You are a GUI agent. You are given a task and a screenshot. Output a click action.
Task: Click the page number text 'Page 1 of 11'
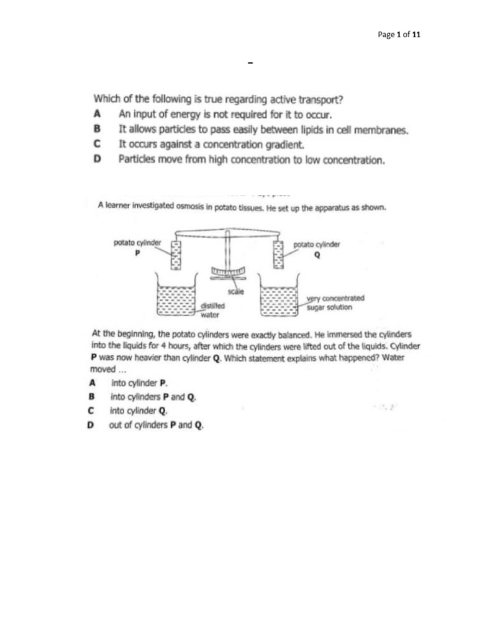(399, 35)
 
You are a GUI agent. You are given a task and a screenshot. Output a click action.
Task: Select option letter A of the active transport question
(97, 114)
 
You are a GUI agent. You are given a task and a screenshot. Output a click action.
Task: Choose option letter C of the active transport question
(97, 145)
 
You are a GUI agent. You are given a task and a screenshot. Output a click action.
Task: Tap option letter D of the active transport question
(97, 160)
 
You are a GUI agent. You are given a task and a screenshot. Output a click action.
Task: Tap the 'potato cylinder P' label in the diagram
(137, 247)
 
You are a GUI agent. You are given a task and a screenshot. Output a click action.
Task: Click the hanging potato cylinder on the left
(175, 255)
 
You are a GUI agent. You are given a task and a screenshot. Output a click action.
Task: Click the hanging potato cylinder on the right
(278, 255)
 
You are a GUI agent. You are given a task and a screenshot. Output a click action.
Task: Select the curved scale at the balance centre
(229, 272)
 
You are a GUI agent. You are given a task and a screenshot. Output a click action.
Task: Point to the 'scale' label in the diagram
(236, 291)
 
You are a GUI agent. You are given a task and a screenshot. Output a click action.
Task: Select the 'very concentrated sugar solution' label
(335, 302)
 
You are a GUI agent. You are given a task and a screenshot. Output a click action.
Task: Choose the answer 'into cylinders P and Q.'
(153, 397)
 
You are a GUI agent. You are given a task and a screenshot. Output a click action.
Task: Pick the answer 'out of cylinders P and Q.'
(157, 425)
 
